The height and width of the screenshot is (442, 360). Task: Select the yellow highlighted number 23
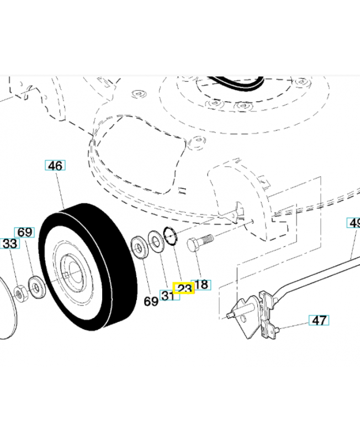click(183, 288)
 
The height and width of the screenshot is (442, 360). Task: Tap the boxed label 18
click(202, 285)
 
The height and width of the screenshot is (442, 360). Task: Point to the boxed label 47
click(319, 320)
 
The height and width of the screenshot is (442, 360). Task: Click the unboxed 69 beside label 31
click(151, 301)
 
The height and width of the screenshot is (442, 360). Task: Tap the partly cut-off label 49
click(354, 223)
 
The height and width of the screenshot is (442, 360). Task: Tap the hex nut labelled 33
click(21, 293)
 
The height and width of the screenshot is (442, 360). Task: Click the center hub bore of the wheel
click(70, 269)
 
